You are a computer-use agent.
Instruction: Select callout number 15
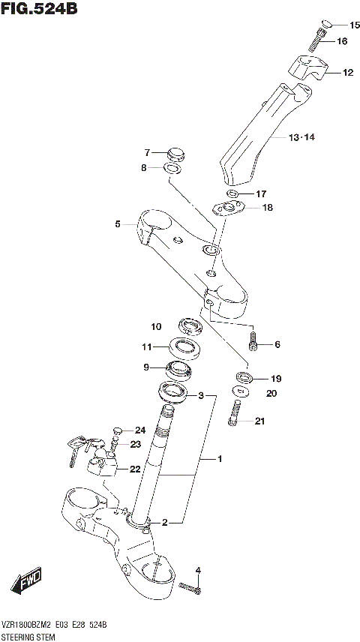click(355, 25)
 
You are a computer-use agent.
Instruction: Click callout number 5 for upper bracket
click(118, 223)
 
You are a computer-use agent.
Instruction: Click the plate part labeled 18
click(230, 207)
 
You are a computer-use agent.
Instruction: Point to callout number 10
click(156, 326)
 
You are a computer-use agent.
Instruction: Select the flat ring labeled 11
click(182, 346)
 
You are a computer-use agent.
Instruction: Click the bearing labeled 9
click(179, 369)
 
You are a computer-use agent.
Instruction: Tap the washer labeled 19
click(244, 376)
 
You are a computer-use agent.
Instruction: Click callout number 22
click(134, 469)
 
